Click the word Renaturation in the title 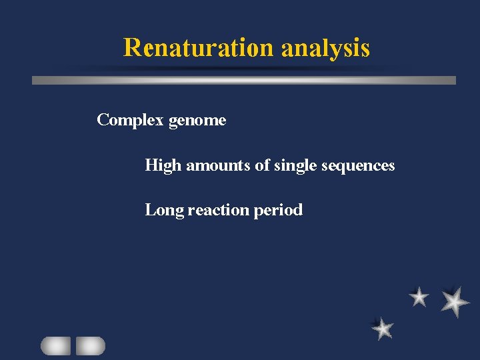(x=198, y=48)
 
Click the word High (x=163, y=165)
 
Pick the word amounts (x=218, y=165)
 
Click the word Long (x=164, y=211)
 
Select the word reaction (x=219, y=210)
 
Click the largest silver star (x=455, y=301)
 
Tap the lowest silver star (x=383, y=328)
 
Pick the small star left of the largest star (x=419, y=297)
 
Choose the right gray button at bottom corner (x=90, y=345)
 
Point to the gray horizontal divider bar (x=244, y=80)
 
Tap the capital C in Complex (x=103, y=121)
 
